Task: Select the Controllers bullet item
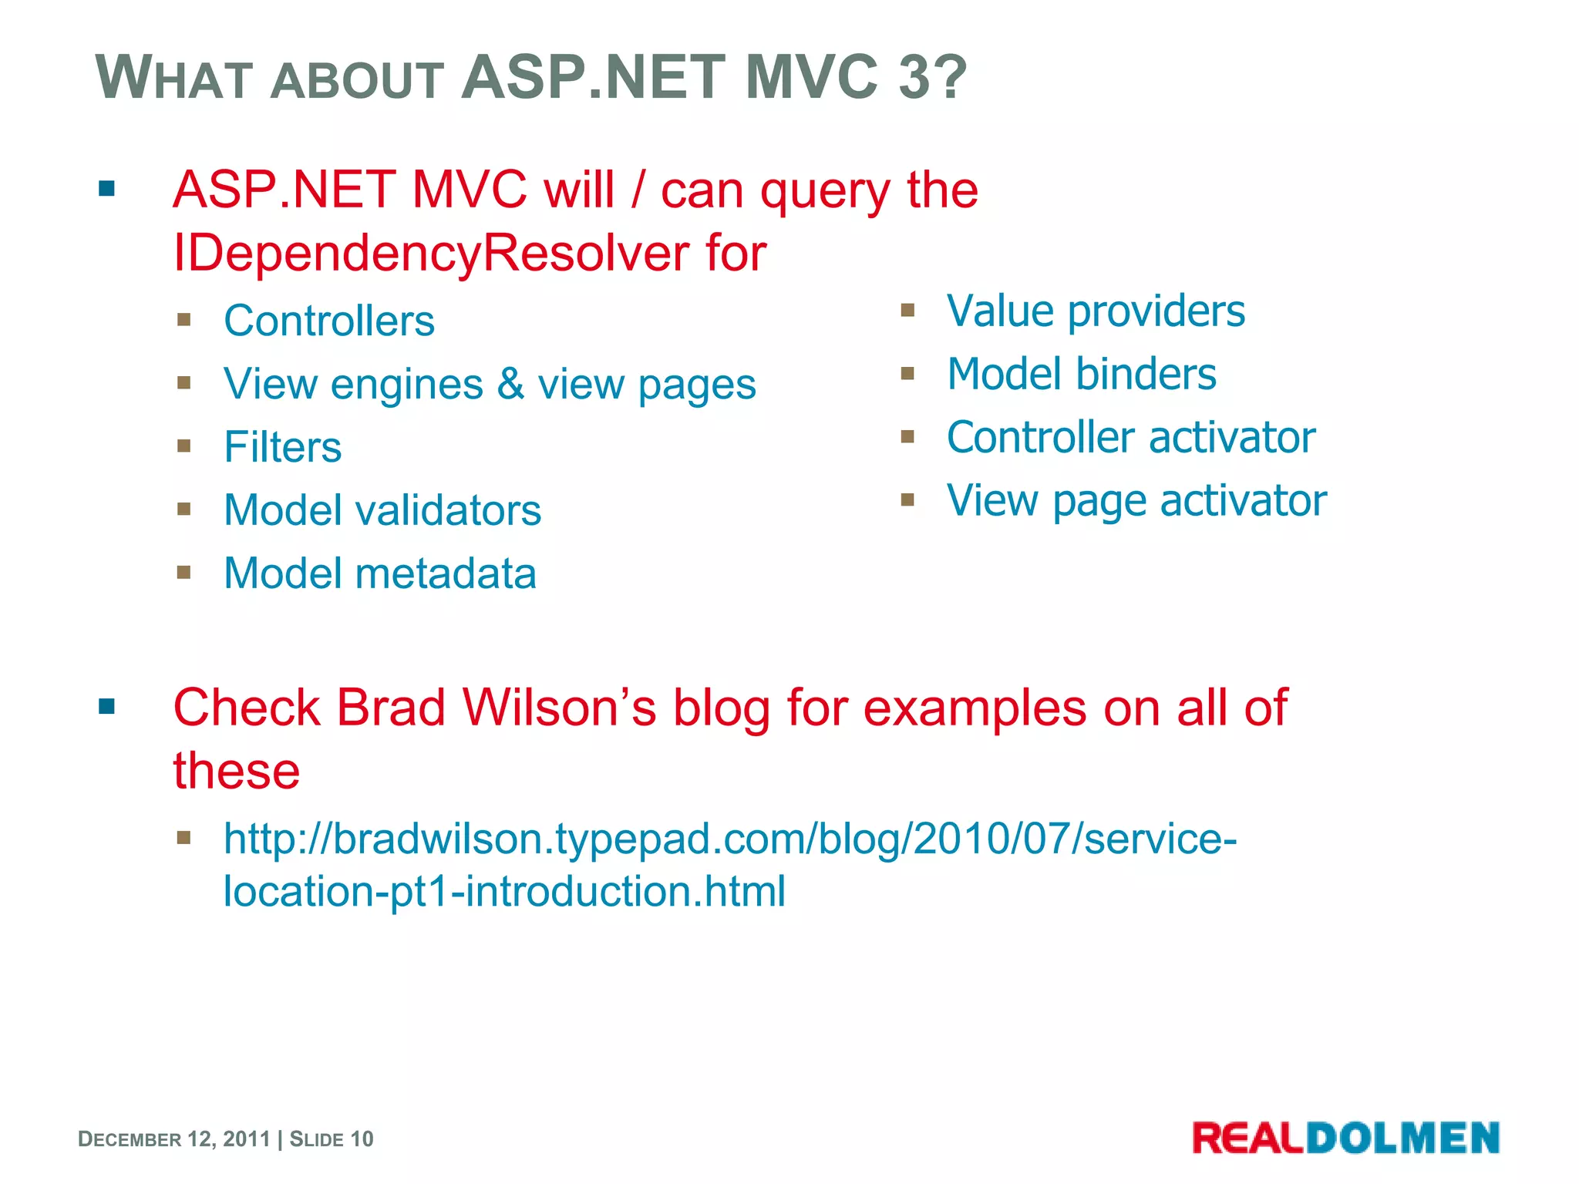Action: pos(329,321)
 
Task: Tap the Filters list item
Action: pos(282,447)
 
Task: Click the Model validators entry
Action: pos(382,510)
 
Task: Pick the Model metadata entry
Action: pos(379,573)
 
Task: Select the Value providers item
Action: pos(1095,311)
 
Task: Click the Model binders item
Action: pos(1081,375)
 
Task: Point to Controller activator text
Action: pos(1130,438)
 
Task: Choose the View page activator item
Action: pos(1136,501)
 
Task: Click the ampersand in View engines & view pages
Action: pos(510,384)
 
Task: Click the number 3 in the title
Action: pos(914,77)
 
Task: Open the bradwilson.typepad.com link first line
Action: pos(729,839)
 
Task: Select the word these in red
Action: pos(236,771)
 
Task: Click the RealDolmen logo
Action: pos(1345,1138)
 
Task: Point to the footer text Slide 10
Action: pos(332,1139)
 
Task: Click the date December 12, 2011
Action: pos(174,1139)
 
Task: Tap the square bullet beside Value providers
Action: pos(907,310)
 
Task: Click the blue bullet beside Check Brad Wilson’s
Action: pos(106,706)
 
